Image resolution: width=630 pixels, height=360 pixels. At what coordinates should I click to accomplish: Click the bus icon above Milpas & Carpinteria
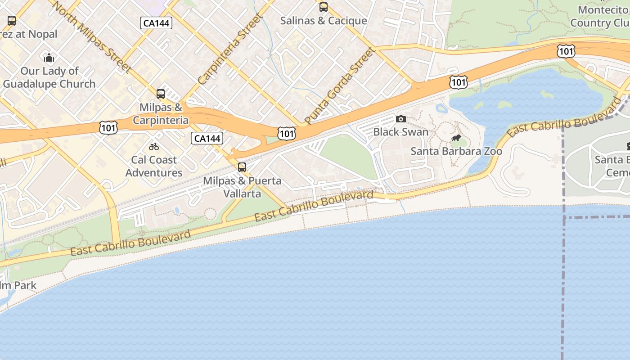tap(161, 94)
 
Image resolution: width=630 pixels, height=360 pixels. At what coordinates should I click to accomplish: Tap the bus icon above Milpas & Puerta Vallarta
tap(242, 167)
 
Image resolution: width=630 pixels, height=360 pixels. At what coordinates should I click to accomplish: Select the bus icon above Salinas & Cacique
tap(324, 7)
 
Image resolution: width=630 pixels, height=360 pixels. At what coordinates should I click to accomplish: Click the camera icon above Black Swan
tap(400, 119)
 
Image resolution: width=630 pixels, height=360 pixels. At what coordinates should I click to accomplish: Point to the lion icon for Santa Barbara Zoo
tap(456, 138)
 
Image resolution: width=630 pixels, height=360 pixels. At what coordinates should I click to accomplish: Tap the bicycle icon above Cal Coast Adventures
tap(154, 147)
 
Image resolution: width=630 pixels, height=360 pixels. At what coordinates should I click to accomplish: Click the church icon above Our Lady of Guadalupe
tap(49, 58)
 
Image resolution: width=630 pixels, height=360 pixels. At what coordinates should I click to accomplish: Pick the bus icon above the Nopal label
tap(12, 21)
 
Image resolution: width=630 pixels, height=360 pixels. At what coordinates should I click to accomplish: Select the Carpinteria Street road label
tap(230, 49)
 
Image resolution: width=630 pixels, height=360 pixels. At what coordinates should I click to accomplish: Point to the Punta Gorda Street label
tap(340, 85)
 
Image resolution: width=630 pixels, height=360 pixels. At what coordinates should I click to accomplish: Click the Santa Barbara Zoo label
tap(456, 151)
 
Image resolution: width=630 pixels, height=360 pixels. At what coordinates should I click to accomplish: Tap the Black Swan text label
tap(400, 132)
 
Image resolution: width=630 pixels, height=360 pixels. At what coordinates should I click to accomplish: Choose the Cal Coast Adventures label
tap(154, 166)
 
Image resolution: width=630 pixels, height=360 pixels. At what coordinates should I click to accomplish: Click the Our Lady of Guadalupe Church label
tap(49, 77)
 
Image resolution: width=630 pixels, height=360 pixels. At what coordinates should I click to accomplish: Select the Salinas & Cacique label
tap(324, 21)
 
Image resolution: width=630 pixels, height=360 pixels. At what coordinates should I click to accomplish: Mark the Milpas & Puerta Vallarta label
tap(242, 187)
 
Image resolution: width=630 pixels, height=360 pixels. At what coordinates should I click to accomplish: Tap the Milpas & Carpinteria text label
tap(161, 114)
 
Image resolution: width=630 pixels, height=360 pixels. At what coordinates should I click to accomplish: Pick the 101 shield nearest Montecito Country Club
tap(566, 52)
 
